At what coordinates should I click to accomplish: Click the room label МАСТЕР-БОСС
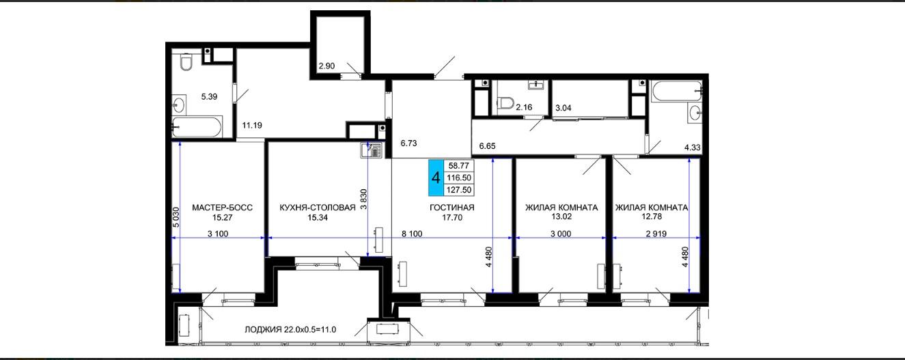tap(222, 208)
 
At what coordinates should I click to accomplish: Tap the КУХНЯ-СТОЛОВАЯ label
tap(318, 208)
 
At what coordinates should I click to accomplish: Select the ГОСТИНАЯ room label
tap(451, 208)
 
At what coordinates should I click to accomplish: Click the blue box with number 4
tap(436, 178)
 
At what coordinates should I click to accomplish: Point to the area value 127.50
tap(459, 190)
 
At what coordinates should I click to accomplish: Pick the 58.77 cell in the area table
tap(459, 166)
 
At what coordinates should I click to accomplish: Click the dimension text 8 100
tap(412, 234)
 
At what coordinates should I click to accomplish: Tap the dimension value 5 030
tap(176, 217)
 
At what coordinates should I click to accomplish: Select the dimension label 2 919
tap(656, 234)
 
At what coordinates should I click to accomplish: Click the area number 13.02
tap(561, 217)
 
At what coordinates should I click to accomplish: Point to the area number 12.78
tap(652, 217)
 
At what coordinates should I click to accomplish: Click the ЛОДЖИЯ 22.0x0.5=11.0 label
tap(290, 330)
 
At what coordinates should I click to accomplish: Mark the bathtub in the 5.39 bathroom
tap(197, 127)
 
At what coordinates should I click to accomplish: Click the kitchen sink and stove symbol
tap(371, 150)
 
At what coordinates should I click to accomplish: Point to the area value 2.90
tap(326, 66)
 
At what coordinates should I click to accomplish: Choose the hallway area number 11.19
tap(252, 125)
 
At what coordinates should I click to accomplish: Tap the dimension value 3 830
tap(363, 199)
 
